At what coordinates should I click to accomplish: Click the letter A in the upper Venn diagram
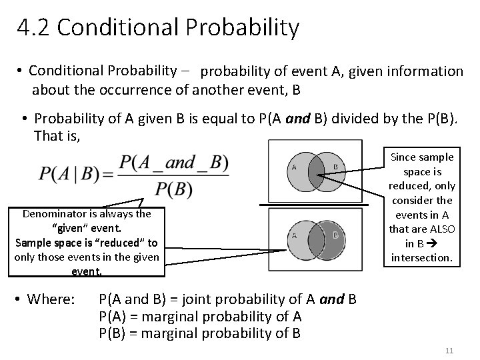tap(294, 167)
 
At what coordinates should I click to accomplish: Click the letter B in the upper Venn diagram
tap(336, 167)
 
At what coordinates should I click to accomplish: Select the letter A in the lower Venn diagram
tap(294, 235)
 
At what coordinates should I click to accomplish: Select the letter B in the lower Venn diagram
tap(336, 235)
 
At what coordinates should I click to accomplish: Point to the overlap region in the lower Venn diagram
tap(315, 235)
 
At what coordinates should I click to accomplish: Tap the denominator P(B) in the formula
tap(173, 189)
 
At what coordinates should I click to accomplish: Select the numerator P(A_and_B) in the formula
tap(173, 162)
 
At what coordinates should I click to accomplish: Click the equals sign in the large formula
tap(107, 174)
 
